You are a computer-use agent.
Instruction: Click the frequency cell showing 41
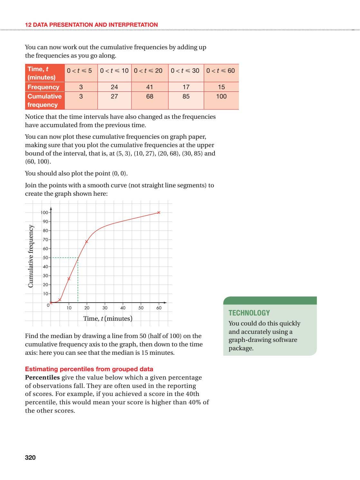[149, 87]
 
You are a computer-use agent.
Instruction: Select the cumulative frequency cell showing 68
[149, 97]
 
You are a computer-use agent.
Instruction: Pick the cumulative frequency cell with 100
[221, 97]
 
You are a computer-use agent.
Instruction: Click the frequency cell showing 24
[114, 87]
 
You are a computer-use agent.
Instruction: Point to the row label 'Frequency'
[43, 87]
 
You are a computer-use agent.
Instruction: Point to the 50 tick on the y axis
[45, 258]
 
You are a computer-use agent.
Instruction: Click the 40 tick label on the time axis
[123, 308]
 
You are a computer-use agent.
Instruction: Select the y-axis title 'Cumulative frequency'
[31, 256]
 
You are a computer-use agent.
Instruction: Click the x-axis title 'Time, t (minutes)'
[108, 318]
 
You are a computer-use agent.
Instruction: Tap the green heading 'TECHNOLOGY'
[249, 313]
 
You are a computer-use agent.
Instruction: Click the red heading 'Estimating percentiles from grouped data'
[89, 369]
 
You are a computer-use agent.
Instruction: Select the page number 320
[30, 457]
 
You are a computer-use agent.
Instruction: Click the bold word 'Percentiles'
[43, 377]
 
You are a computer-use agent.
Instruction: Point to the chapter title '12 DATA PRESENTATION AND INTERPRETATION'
[91, 25]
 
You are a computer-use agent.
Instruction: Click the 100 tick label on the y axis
[44, 212]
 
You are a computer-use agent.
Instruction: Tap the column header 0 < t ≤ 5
[79, 71]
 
